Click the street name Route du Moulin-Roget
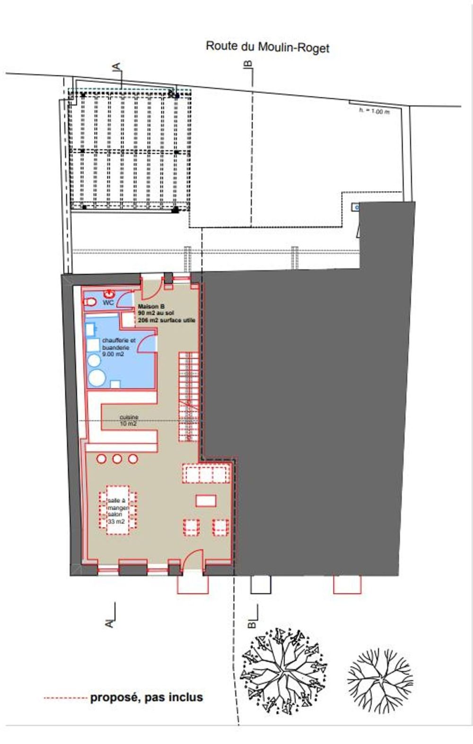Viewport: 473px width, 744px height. [x=267, y=47]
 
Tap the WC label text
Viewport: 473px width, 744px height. [x=108, y=302]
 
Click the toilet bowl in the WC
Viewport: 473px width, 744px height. [x=90, y=301]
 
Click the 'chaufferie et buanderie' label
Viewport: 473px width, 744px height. [x=118, y=347]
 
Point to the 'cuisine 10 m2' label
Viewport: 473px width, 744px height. [x=128, y=421]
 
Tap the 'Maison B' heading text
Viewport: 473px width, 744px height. [x=151, y=306]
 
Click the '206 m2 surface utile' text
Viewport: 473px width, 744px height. [x=166, y=320]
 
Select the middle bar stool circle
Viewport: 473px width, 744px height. [x=117, y=459]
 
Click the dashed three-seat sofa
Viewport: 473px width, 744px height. [x=207, y=473]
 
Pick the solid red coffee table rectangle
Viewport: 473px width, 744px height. [x=206, y=500]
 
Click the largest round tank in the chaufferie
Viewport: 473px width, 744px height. [x=97, y=379]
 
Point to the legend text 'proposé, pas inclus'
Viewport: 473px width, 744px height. [x=146, y=697]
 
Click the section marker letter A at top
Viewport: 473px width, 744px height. [x=117, y=67]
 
